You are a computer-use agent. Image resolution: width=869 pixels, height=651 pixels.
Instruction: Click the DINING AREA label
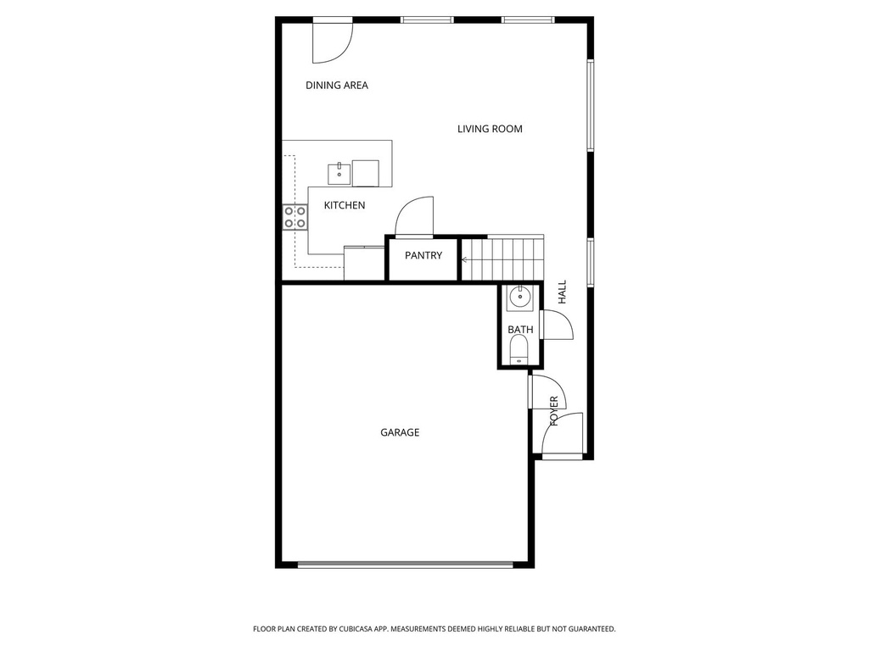pyautogui.click(x=337, y=85)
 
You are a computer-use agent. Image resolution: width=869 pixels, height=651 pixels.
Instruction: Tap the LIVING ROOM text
pyautogui.click(x=490, y=129)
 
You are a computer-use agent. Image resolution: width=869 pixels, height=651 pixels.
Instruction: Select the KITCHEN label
pyautogui.click(x=345, y=205)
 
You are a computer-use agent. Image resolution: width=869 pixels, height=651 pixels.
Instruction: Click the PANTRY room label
pyautogui.click(x=423, y=255)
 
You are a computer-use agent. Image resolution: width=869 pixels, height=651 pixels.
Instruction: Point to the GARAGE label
pyautogui.click(x=400, y=432)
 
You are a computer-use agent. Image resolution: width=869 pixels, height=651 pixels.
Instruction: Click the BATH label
pyautogui.click(x=520, y=329)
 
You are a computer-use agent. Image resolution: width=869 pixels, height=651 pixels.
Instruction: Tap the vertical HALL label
pyautogui.click(x=562, y=293)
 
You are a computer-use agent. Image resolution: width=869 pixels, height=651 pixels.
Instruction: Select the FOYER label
pyautogui.click(x=554, y=410)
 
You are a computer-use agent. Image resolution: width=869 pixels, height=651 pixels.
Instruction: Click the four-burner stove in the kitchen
pyautogui.click(x=295, y=217)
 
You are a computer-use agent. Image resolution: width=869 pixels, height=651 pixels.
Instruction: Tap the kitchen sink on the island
pyautogui.click(x=339, y=173)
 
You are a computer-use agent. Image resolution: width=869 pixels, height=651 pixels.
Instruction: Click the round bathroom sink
pyautogui.click(x=519, y=298)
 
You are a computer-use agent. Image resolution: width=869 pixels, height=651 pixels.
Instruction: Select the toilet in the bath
pyautogui.click(x=519, y=349)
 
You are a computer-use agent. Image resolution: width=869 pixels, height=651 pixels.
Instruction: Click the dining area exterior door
pyautogui.click(x=332, y=41)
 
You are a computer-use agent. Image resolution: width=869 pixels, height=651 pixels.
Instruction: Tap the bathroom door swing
pyautogui.click(x=555, y=325)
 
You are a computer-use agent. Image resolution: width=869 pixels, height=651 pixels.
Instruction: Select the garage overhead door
pyautogui.click(x=405, y=565)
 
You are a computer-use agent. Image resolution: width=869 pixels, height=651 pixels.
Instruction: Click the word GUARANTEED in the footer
pyautogui.click(x=588, y=629)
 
